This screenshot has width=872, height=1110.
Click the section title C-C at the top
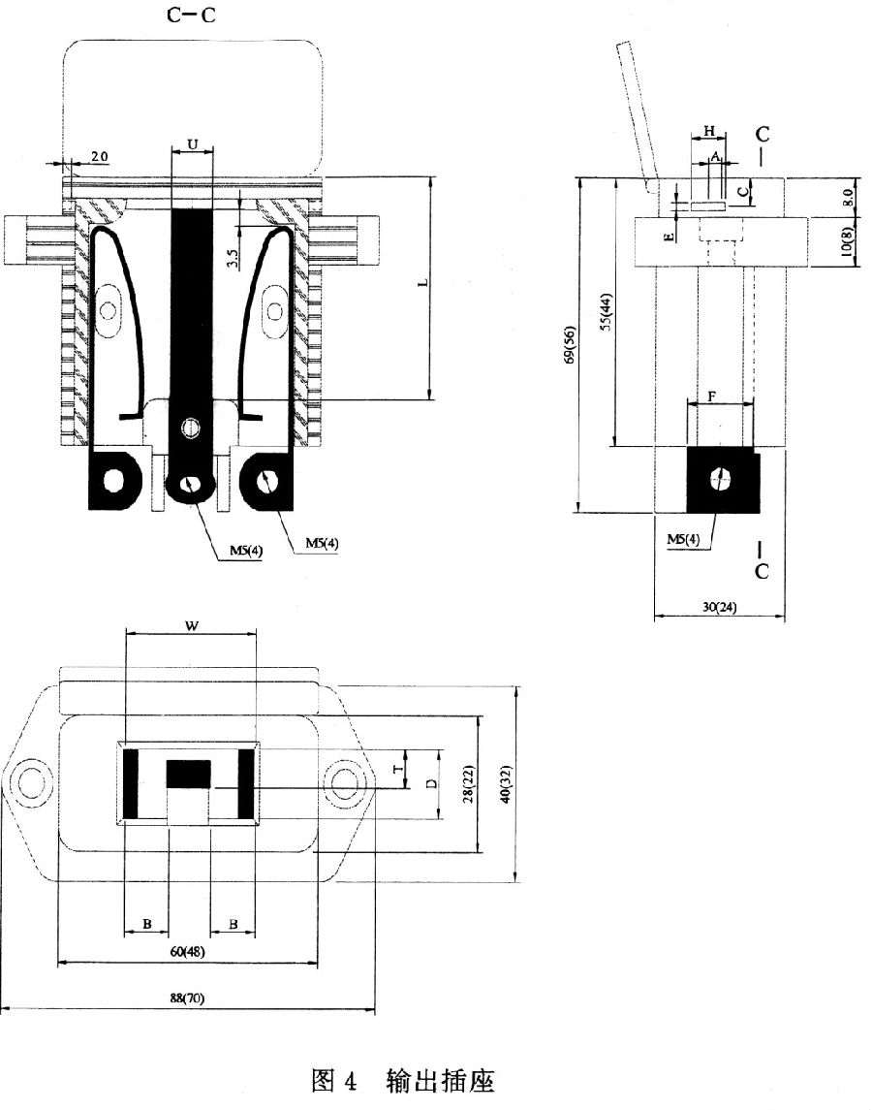click(x=191, y=15)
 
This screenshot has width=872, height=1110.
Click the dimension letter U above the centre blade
click(x=193, y=145)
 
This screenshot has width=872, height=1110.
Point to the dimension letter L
click(x=423, y=282)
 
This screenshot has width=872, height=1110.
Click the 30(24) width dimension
click(x=720, y=607)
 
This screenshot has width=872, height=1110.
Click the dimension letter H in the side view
click(x=710, y=131)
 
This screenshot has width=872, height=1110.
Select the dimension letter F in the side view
click(x=712, y=397)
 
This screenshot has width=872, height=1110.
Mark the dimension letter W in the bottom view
click(x=192, y=626)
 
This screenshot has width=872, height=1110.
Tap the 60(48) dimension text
click(x=187, y=952)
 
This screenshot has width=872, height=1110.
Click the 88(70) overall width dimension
click(x=187, y=999)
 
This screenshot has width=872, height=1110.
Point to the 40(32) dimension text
click(x=505, y=784)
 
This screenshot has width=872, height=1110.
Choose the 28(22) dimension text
click(x=469, y=784)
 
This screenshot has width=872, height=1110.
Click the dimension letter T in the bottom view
click(x=398, y=768)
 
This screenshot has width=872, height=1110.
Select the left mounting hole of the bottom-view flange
click(x=32, y=783)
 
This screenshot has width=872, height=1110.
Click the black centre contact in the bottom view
click(x=188, y=774)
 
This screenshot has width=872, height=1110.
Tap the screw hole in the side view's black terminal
click(x=721, y=479)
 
